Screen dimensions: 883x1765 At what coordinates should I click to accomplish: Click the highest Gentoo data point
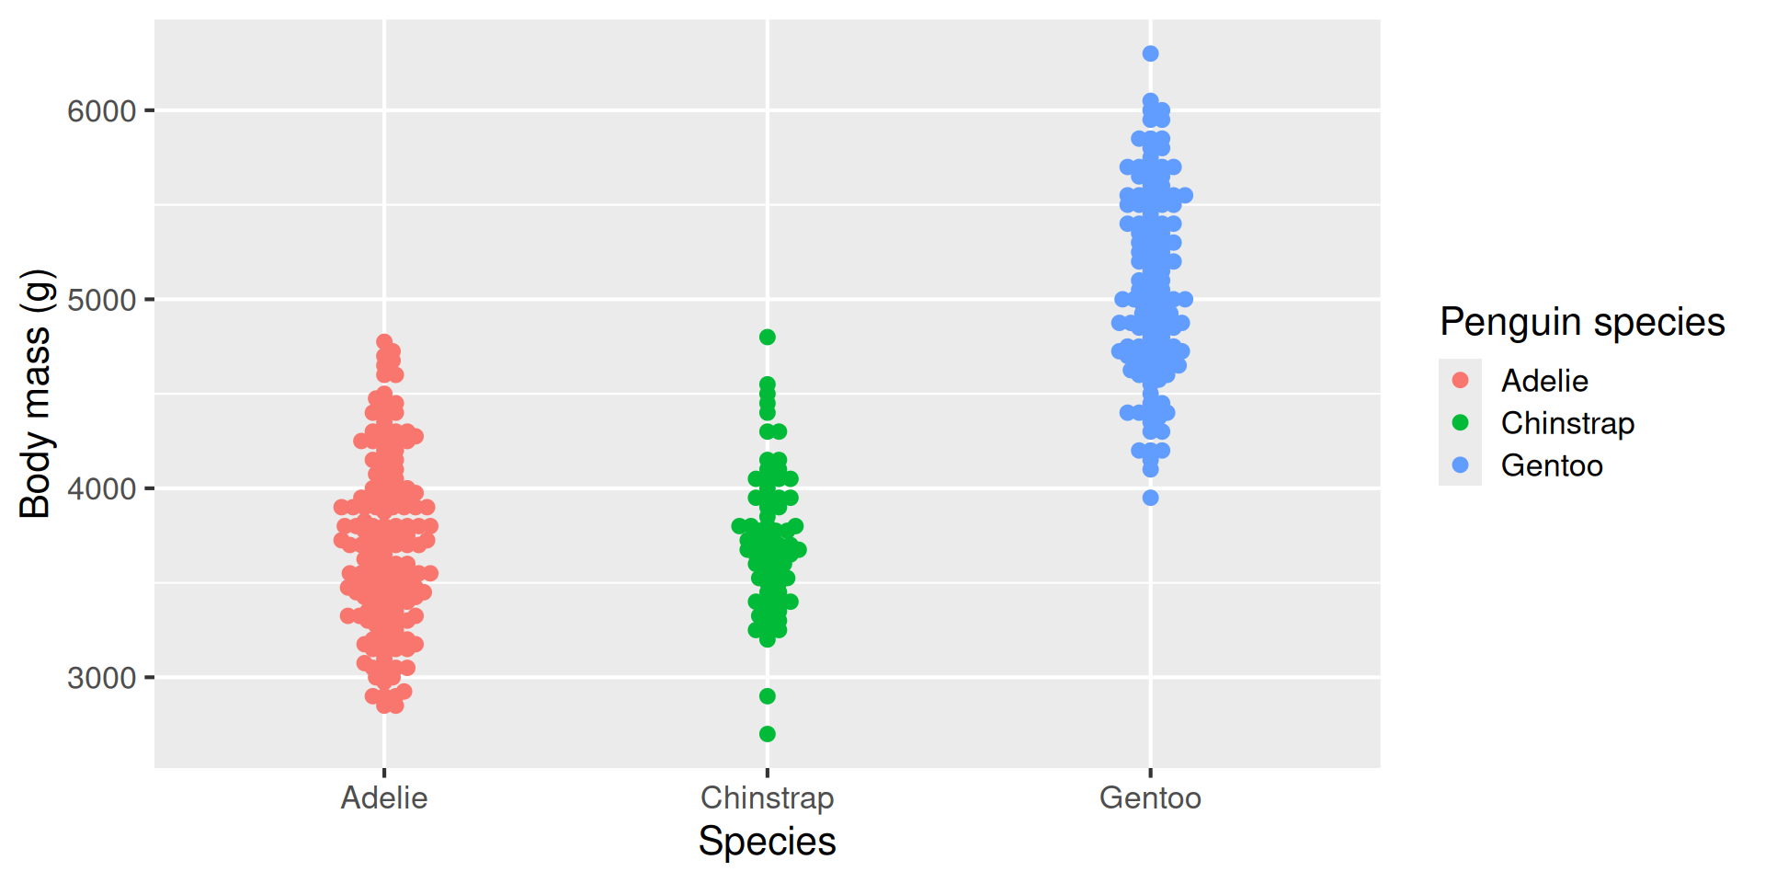coord(1150,53)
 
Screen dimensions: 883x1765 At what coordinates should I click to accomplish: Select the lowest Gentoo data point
coord(1150,498)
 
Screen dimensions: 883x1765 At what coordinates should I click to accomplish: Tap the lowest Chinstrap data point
coord(768,734)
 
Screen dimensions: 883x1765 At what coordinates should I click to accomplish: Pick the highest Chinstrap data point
coord(768,337)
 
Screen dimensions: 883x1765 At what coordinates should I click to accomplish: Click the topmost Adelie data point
coord(384,342)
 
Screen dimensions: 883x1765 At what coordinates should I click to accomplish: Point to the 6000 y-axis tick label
coord(101,111)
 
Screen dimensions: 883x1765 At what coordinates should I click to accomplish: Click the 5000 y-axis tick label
coord(101,300)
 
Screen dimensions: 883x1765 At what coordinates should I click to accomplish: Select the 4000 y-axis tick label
coord(101,488)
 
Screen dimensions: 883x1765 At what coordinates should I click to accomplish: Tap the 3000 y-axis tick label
coord(101,678)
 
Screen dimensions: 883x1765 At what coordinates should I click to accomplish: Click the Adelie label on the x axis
coord(384,797)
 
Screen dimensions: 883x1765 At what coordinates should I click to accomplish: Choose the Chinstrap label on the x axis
coord(768,797)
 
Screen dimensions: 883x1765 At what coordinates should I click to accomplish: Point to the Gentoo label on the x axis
coord(1150,797)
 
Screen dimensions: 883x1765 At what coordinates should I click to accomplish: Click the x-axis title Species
coord(768,842)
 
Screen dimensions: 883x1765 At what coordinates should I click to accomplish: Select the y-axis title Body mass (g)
coord(35,394)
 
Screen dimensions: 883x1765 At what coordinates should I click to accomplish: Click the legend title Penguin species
coord(1582,322)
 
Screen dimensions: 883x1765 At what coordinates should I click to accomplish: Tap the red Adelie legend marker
coord(1460,380)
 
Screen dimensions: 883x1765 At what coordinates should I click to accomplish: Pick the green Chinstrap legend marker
coord(1460,422)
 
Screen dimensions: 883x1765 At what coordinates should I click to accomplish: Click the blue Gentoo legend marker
coord(1460,464)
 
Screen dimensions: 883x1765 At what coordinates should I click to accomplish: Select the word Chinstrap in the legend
coord(1567,423)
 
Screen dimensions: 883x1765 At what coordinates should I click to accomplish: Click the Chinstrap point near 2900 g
coord(768,696)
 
